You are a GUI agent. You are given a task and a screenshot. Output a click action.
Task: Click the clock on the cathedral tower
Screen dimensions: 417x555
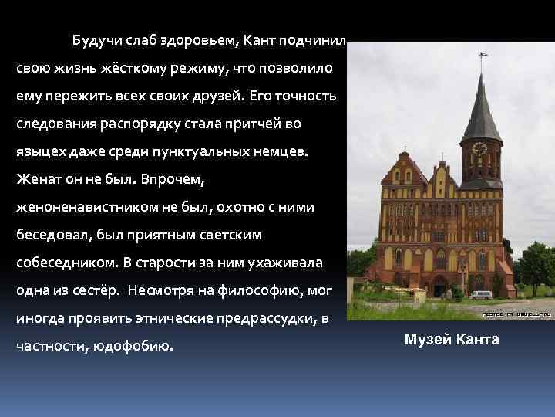(479, 148)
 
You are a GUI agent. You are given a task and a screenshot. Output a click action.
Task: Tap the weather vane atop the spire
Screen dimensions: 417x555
(483, 57)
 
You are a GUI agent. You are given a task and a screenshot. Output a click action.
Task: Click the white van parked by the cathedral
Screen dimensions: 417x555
(480, 294)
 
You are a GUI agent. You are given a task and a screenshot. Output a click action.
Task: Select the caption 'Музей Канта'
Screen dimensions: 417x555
(452, 340)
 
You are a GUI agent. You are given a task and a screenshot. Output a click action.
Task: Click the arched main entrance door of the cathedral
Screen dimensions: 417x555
(441, 284)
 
